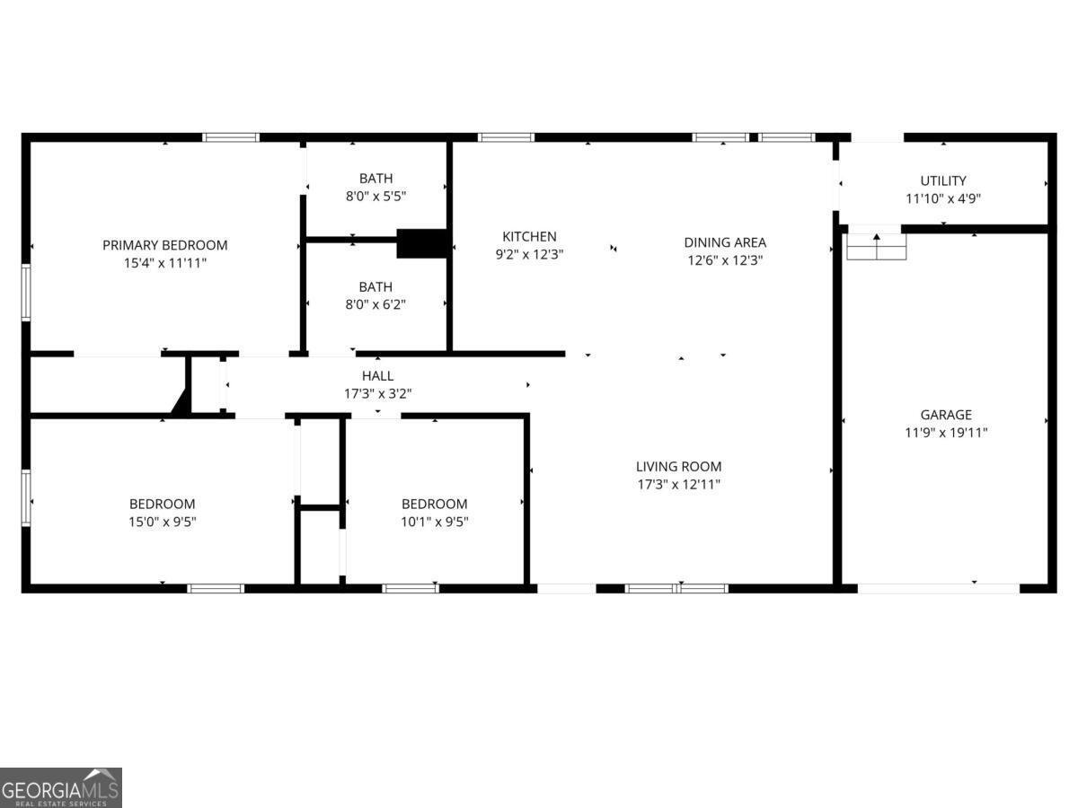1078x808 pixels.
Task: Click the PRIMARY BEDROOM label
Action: (164, 245)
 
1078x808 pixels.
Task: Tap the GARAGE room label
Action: (945, 415)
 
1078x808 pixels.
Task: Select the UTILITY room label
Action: (943, 180)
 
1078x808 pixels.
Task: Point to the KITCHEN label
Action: (529, 236)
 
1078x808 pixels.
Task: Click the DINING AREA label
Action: (725, 242)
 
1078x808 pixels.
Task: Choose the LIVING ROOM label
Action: (678, 466)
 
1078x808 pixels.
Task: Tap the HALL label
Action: (377, 375)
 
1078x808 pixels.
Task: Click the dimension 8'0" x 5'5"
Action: (376, 196)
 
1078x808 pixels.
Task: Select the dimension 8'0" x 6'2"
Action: (376, 304)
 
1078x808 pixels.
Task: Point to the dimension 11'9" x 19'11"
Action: (945, 432)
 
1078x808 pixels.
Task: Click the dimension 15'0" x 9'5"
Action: (162, 521)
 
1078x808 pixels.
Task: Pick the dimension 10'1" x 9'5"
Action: (434, 521)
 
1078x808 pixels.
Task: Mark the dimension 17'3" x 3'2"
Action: (377, 393)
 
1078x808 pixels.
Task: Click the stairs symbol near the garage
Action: (876, 246)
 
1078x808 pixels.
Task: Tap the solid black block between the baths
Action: (421, 243)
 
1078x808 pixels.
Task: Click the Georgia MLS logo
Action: (60, 787)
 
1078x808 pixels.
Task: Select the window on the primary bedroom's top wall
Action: (231, 137)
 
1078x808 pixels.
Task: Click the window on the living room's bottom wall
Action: (676, 588)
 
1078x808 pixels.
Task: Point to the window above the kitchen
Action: (506, 137)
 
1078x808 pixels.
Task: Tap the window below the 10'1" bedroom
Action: (411, 588)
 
